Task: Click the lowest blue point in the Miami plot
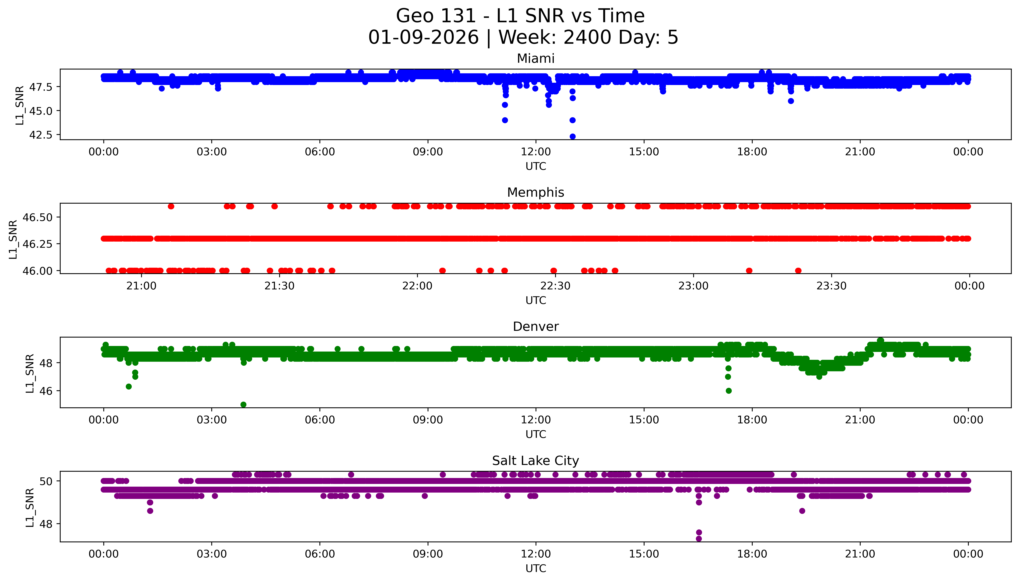572,136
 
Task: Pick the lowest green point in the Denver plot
243,405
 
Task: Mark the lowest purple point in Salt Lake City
699,538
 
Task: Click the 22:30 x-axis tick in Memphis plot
555,286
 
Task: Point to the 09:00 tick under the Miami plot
428,152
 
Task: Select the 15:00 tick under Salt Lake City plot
644,554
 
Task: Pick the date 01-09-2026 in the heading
423,38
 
